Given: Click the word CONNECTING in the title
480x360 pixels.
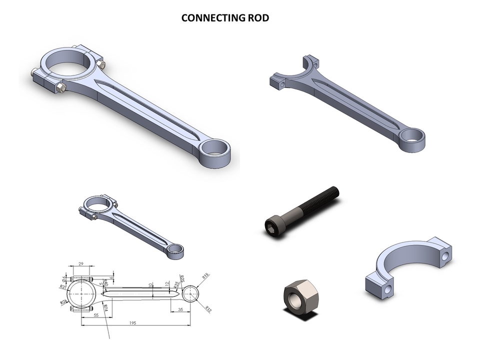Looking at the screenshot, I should [210, 18].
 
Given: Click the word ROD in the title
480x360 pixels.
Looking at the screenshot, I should [257, 18].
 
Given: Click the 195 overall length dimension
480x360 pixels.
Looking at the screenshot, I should [132, 323].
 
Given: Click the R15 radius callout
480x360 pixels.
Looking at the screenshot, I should [205, 276].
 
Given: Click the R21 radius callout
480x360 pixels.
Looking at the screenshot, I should [62, 287].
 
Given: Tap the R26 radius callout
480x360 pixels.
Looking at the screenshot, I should [64, 302].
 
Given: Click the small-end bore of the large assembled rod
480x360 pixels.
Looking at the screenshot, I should [216, 148].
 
